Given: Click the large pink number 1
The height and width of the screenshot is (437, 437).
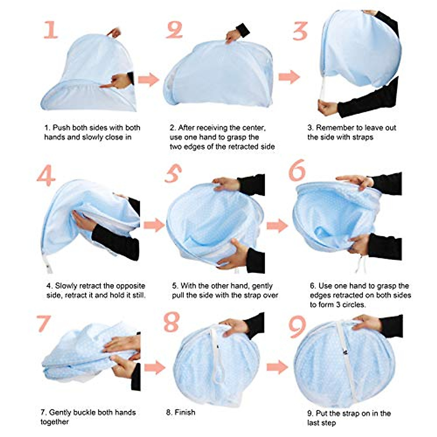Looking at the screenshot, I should (51, 30).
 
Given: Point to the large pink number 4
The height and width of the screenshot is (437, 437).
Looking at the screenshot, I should (46, 176).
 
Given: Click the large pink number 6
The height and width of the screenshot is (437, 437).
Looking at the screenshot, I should (297, 170).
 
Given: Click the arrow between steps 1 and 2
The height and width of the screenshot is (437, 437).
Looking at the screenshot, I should (148, 79).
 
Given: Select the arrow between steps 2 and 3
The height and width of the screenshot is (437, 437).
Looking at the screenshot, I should (289, 77).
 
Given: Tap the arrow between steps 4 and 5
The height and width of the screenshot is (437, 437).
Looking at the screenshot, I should (154, 225).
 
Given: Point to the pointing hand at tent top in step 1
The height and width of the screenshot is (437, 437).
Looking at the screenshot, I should (114, 33).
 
